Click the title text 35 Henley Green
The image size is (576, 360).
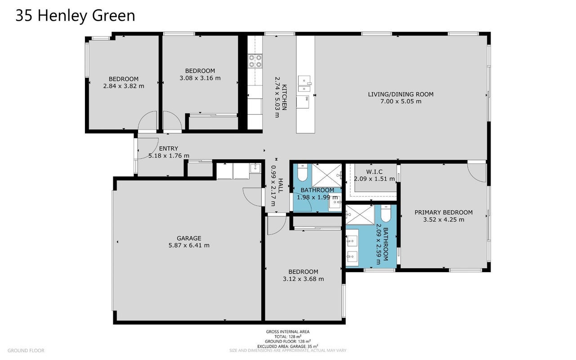coord(75,15)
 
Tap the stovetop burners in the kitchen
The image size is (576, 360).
coord(255,61)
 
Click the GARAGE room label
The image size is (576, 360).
coord(189,238)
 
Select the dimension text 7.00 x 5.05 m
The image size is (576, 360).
coord(401,101)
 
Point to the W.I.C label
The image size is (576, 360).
coord(374,171)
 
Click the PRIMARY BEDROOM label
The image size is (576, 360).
coord(443,212)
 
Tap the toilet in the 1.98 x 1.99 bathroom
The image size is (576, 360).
coord(302,172)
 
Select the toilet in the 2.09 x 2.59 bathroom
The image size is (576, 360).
coord(386,213)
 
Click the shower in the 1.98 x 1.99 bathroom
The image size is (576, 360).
coord(327,175)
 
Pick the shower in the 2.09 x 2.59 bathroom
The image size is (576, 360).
coord(360,215)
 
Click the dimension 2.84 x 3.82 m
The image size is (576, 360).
coord(124,86)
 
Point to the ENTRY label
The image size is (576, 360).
coord(169,148)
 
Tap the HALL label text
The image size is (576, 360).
coord(280,185)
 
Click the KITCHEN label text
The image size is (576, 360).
coord(284,97)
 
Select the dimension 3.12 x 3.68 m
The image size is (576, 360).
coord(304,279)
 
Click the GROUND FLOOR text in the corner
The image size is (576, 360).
coord(26,351)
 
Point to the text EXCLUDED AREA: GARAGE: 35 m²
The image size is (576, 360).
coord(287,346)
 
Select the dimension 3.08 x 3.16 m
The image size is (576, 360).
coord(200,78)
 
